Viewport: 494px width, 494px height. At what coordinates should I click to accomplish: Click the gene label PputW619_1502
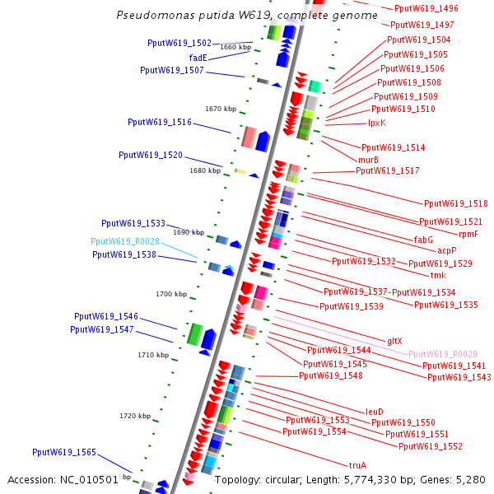pyautogui.click(x=179, y=43)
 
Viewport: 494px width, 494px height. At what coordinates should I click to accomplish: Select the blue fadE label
pyautogui.click(x=198, y=58)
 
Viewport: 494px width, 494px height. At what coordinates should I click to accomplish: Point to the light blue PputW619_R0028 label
pyautogui.click(x=125, y=241)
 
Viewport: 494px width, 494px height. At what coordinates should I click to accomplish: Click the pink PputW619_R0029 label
pyautogui.click(x=442, y=353)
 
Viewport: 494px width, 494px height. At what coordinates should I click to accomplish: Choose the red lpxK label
pyautogui.click(x=377, y=123)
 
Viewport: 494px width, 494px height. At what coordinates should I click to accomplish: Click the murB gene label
pyautogui.click(x=369, y=160)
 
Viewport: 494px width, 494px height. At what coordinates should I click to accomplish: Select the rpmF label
pyautogui.click(x=468, y=234)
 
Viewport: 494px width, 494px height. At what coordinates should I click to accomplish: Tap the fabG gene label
pyautogui.click(x=423, y=240)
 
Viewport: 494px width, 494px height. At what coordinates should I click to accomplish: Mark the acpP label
pyautogui.click(x=446, y=250)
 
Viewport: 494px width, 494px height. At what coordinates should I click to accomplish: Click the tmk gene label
pyautogui.click(x=438, y=275)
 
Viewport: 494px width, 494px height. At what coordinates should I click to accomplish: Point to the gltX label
pyautogui.click(x=394, y=341)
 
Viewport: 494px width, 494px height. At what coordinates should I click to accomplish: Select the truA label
pyautogui.click(x=358, y=464)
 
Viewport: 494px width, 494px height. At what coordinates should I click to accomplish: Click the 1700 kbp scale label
pyautogui.click(x=171, y=294)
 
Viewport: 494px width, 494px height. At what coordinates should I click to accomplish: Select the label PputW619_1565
pyautogui.click(x=64, y=452)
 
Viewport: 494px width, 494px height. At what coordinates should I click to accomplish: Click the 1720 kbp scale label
pyautogui.click(x=135, y=416)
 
